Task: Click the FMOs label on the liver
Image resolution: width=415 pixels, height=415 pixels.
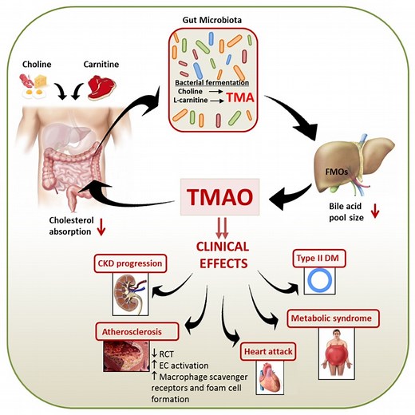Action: click(x=337, y=169)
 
